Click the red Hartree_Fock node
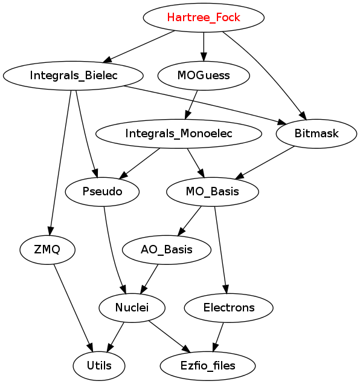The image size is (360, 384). click(204, 18)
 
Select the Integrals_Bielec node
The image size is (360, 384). click(73, 76)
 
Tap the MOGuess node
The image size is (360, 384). click(204, 76)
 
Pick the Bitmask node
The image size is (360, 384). click(317, 134)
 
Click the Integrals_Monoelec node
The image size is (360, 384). click(179, 134)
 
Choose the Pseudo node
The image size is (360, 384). click(102, 192)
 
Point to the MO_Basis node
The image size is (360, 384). click(212, 192)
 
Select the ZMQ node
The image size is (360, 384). click(47, 250)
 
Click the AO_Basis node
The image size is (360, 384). click(167, 250)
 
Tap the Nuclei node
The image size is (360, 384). click(132, 308)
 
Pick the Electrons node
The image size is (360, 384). click(229, 308)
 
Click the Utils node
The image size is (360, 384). click(99, 366)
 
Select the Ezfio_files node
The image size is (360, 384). click(208, 366)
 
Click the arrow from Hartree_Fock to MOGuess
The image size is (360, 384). click(204, 47)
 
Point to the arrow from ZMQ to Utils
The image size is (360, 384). click(73, 308)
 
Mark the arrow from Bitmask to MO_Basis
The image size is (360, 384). click(265, 163)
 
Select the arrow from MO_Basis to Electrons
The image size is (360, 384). click(221, 250)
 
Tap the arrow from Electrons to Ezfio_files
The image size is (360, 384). click(218, 337)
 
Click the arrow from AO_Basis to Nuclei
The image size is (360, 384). click(149, 279)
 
